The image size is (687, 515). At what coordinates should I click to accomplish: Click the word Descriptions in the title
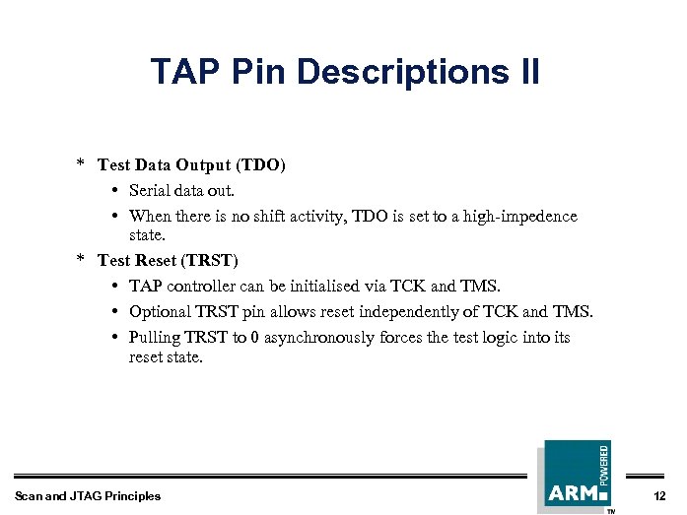[x=395, y=72]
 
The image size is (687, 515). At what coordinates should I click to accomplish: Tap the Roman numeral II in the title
[x=525, y=72]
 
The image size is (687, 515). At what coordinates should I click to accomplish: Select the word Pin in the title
[x=259, y=72]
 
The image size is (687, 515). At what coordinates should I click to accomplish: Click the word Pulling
[x=156, y=337]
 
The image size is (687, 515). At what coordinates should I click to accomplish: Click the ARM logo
[x=574, y=491]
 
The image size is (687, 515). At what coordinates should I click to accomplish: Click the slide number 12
[x=659, y=495]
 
